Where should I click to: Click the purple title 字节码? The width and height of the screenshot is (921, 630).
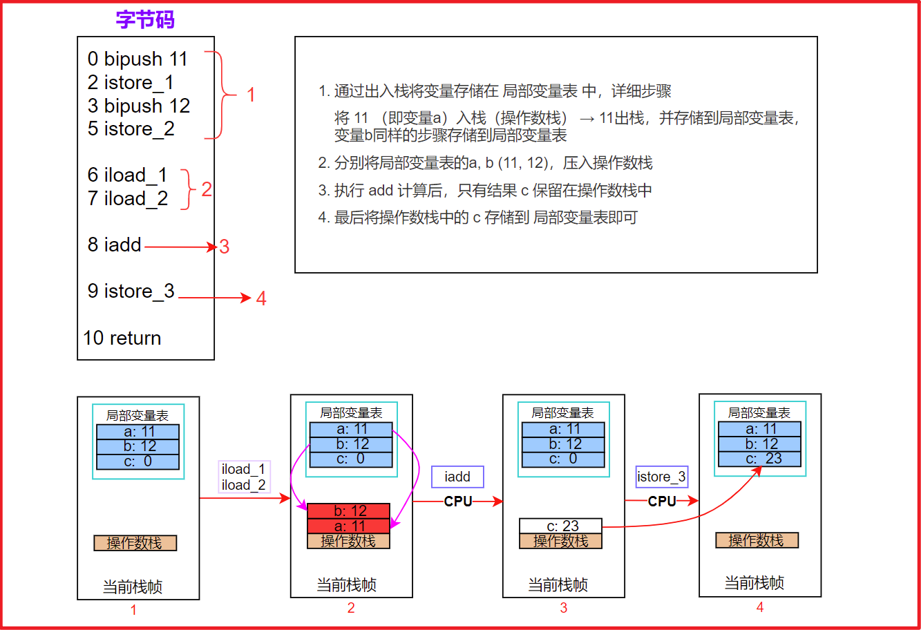coord(145,19)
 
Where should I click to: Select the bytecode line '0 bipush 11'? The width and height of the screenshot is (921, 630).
coord(137,59)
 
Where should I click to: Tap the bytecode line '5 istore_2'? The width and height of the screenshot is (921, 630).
coord(131,129)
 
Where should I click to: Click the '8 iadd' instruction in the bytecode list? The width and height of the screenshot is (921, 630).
coord(114,245)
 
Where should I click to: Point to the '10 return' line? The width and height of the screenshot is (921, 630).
coord(122,338)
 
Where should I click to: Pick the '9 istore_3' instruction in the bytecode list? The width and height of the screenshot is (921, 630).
coord(131,292)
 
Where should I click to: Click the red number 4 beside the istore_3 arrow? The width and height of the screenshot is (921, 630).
coord(261,298)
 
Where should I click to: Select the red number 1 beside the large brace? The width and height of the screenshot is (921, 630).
coord(251,95)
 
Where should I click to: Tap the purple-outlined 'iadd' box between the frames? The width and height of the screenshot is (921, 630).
coord(457,477)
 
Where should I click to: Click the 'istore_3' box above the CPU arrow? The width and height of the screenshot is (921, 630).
coord(661,477)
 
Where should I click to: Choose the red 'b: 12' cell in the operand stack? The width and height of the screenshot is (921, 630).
coord(349,510)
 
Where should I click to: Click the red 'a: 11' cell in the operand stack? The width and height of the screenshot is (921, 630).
coord(349,526)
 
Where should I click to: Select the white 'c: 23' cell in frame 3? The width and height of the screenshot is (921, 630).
coord(561,526)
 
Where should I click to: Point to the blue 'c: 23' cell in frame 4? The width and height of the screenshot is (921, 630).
coord(759,459)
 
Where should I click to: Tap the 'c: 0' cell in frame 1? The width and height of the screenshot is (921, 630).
coord(137,461)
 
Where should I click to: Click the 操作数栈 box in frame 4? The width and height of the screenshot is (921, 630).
coord(757,540)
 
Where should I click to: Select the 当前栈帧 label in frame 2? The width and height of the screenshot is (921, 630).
coord(347,584)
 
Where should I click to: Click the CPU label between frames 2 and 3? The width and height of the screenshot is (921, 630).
coord(457,502)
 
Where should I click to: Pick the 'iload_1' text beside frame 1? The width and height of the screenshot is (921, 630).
coord(243,469)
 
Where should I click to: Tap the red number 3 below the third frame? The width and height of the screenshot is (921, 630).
coord(564,608)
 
